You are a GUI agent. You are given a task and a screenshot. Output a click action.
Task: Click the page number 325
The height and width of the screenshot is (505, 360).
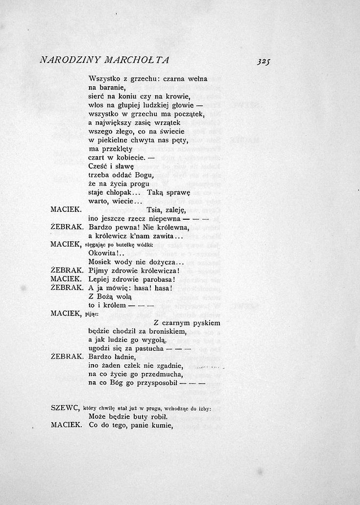click(x=263, y=62)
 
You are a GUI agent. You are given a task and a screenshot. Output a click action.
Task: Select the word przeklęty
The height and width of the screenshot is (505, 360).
click(x=124, y=149)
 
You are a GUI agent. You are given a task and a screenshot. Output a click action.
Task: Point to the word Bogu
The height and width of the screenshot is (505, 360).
click(x=143, y=175)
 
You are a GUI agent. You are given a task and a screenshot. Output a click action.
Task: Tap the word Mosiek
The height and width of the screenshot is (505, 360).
click(x=101, y=262)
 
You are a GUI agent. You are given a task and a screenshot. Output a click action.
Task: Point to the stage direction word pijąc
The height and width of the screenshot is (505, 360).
click(x=91, y=314)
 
